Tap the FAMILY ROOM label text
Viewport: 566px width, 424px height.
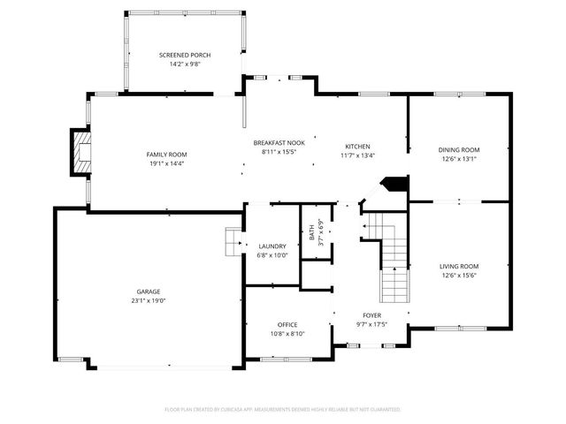point(166,155)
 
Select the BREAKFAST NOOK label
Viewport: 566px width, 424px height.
point(279,142)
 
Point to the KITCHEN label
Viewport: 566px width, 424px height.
point(357,147)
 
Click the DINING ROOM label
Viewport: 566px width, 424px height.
point(459,150)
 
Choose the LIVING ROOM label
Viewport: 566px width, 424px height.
point(459,266)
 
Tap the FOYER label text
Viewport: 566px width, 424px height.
point(372,315)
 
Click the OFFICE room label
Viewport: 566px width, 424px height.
point(287,324)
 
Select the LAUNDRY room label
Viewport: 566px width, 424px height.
point(271,246)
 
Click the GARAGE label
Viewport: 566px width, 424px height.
point(148,291)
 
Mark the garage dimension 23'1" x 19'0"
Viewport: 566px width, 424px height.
point(148,301)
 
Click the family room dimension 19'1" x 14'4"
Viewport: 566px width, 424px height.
point(166,164)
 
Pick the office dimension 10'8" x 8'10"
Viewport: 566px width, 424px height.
point(287,334)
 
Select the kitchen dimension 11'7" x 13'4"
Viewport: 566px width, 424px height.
point(357,156)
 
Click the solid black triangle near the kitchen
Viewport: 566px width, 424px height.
point(394,184)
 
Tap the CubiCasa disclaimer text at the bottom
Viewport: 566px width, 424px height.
point(283,409)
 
